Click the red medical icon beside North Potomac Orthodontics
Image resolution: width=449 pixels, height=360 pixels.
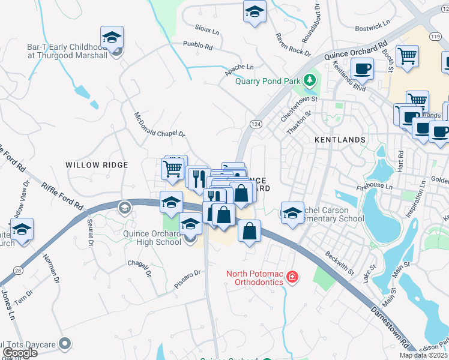pyautogui.click(x=292, y=277)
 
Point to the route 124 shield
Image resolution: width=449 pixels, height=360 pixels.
pyautogui.click(x=255, y=124)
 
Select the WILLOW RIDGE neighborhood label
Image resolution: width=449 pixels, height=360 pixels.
pyautogui.click(x=97, y=165)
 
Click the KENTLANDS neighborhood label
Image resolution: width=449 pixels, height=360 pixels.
pyautogui.click(x=340, y=140)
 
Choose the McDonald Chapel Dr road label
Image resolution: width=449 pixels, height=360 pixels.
pyautogui.click(x=159, y=125)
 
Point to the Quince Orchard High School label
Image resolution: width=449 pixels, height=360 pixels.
pyautogui.click(x=152, y=238)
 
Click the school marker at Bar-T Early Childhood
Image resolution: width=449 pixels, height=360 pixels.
pyautogui.click(x=112, y=38)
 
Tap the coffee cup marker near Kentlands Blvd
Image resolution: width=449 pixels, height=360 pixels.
pyautogui.click(x=362, y=68)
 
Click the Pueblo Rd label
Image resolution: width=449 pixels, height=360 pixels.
pyautogui.click(x=200, y=46)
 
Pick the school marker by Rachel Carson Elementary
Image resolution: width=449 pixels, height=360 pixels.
pyautogui.click(x=292, y=213)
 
